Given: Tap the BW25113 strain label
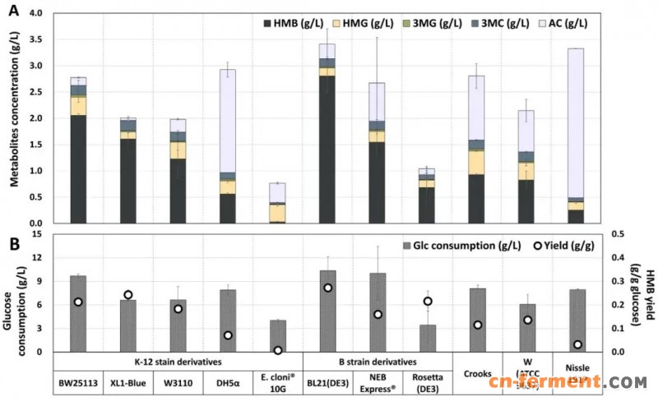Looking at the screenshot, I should click(x=78, y=381).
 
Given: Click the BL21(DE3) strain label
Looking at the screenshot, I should click(x=327, y=381).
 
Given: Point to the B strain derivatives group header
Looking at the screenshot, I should click(x=378, y=360).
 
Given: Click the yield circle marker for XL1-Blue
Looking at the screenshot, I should click(x=128, y=295).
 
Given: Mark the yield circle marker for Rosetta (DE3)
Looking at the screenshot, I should click(x=427, y=302).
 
